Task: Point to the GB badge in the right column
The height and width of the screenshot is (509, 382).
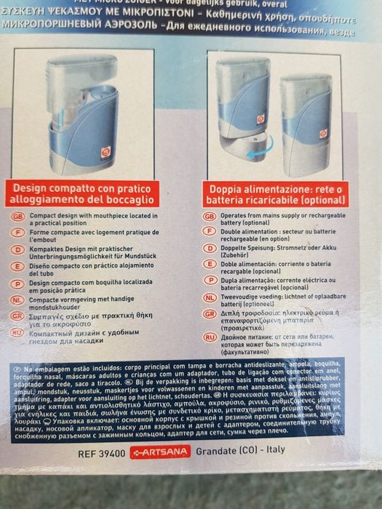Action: point(210,217)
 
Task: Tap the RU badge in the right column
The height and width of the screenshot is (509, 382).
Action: point(210,337)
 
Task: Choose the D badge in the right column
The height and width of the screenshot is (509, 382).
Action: point(210,249)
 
